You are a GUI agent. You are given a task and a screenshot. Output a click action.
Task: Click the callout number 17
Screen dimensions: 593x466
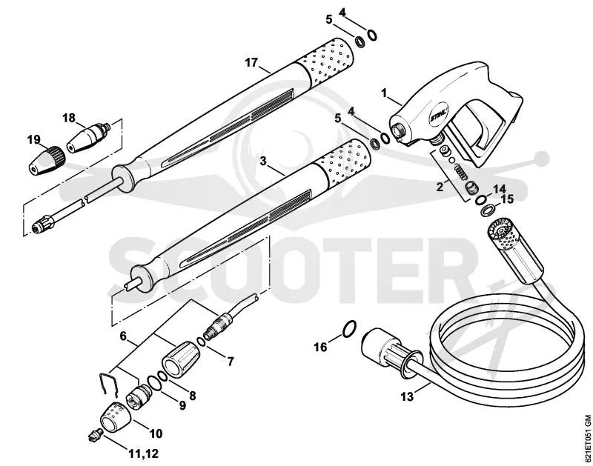251,62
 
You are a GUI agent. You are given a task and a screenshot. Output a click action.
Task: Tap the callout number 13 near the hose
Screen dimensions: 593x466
407,396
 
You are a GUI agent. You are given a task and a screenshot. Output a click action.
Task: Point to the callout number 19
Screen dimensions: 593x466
33,140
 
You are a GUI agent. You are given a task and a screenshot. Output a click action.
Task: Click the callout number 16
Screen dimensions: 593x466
321,347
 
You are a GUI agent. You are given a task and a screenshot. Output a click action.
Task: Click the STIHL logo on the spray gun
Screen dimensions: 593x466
438,113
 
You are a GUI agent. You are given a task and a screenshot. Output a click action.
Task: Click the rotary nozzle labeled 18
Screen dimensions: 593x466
88,138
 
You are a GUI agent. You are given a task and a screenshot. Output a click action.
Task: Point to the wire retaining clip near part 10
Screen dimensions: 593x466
108,385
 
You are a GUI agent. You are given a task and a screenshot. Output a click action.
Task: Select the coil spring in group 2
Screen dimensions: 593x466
459,171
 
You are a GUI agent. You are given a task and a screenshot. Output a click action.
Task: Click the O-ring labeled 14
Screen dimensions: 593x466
482,200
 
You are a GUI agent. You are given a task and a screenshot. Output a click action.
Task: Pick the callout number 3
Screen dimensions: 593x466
263,161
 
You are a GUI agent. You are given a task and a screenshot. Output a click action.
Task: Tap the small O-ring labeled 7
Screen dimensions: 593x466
202,342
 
